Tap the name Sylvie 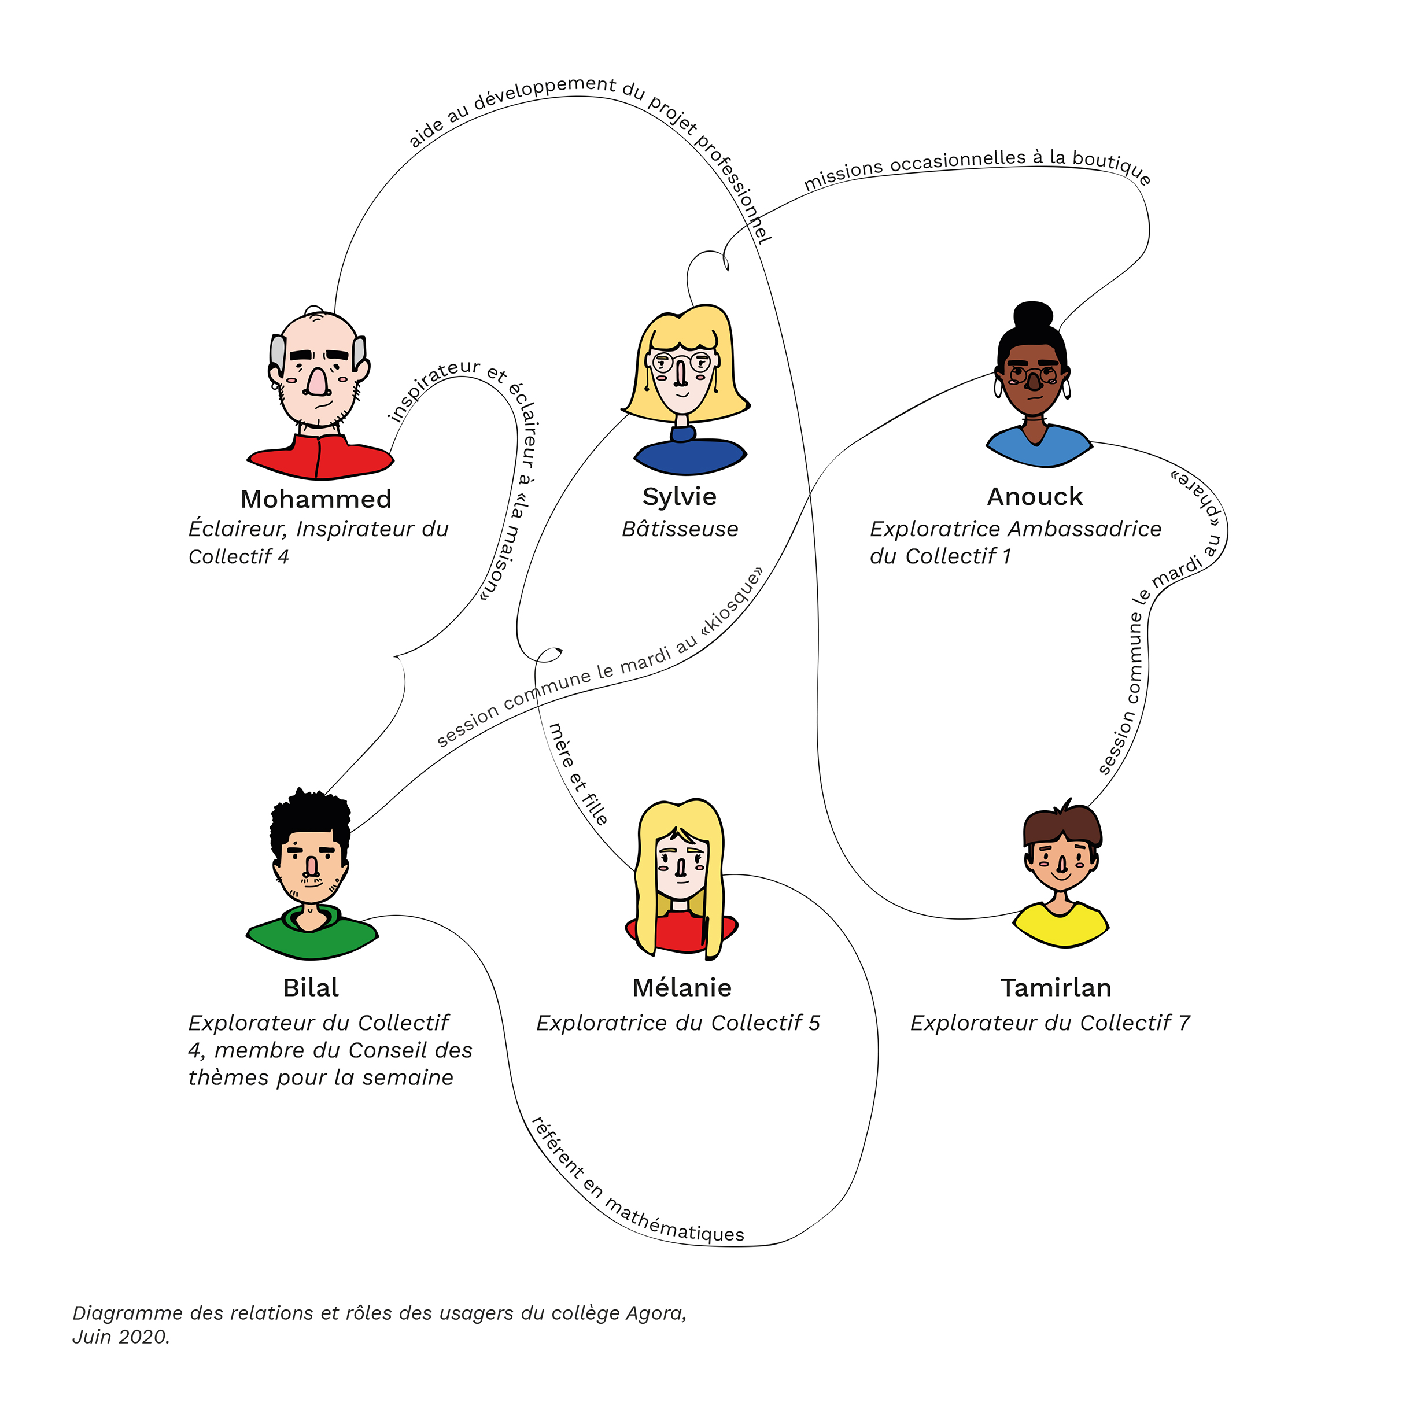point(679,497)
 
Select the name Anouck point(1034,497)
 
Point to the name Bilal point(311,988)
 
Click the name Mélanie point(681,988)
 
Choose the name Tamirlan point(1056,988)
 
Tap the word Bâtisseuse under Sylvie point(680,529)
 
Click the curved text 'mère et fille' point(579,774)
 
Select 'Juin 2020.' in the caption point(121,1337)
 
